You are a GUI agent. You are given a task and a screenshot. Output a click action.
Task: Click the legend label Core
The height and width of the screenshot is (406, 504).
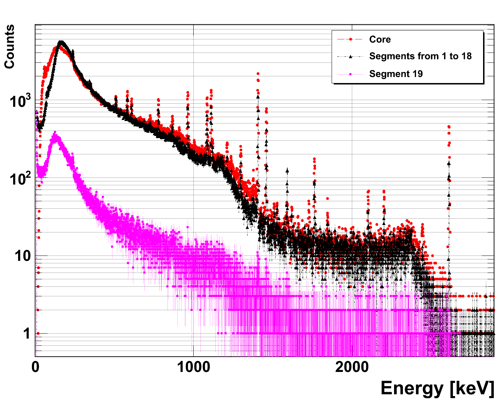pos(380,39)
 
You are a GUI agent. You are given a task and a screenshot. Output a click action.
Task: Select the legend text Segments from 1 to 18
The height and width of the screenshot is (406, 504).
pos(420,56)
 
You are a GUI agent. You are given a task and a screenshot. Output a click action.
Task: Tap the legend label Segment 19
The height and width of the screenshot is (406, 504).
pos(396,74)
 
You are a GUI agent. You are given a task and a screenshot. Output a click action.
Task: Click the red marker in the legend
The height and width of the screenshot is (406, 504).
pos(350,39)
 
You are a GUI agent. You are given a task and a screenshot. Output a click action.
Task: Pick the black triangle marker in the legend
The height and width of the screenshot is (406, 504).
pos(350,56)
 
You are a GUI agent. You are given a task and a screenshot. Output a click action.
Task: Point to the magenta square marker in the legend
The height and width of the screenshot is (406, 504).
pos(350,74)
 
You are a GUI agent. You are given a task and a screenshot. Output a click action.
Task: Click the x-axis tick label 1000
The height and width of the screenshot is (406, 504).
pos(193,368)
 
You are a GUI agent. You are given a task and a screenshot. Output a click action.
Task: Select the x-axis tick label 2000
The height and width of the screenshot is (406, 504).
pos(352,368)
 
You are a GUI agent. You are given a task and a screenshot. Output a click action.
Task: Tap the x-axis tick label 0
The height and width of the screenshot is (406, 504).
pos(35,368)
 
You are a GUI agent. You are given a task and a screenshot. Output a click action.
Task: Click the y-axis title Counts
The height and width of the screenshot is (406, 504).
pos(10,46)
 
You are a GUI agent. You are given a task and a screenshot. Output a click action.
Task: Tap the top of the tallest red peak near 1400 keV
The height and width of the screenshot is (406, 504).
pos(258,74)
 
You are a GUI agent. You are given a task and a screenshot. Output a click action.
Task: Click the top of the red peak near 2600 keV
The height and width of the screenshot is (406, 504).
pos(449,127)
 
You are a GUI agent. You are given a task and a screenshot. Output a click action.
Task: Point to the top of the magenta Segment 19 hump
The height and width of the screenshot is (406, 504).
pos(55,133)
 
